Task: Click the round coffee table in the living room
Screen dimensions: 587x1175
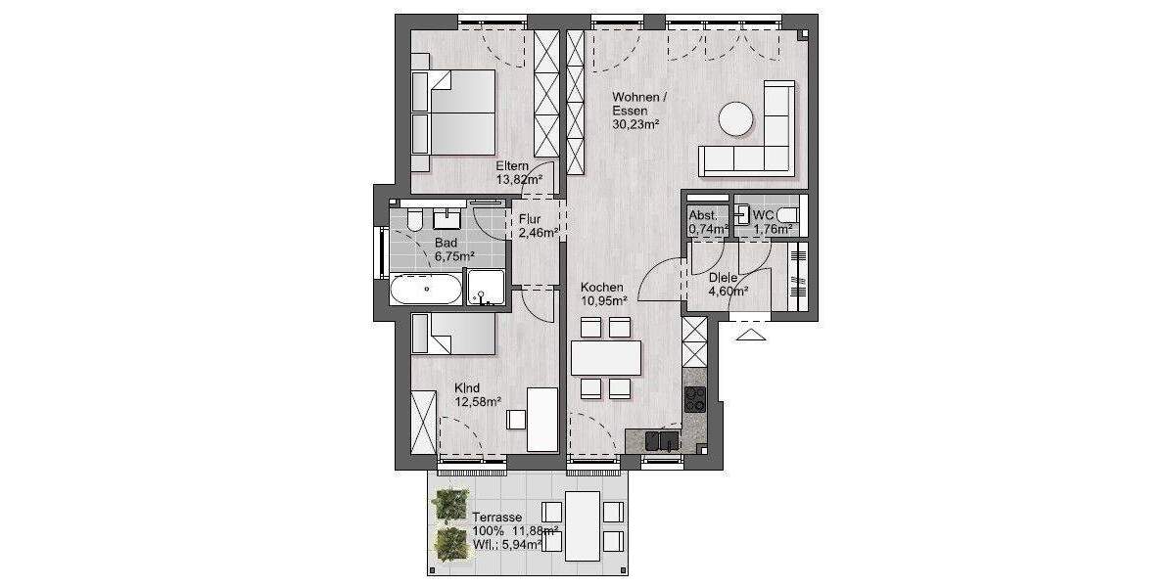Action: pyautogui.click(x=736, y=119)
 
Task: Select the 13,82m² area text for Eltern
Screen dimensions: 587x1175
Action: pyautogui.click(x=519, y=180)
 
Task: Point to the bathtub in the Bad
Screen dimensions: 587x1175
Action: pyautogui.click(x=426, y=290)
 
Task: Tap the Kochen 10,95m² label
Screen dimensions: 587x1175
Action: pyautogui.click(x=603, y=294)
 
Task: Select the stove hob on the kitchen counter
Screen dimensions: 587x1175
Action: pyautogui.click(x=694, y=398)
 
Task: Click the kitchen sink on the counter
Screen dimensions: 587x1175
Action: pyautogui.click(x=662, y=440)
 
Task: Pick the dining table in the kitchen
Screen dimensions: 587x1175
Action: pyautogui.click(x=605, y=357)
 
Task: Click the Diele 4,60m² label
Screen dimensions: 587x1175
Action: pyautogui.click(x=728, y=284)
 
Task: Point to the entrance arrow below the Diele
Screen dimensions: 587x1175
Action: pyautogui.click(x=752, y=335)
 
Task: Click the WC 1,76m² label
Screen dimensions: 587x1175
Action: pyautogui.click(x=772, y=222)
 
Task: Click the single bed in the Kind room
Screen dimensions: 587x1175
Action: pyautogui.click(x=454, y=334)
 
